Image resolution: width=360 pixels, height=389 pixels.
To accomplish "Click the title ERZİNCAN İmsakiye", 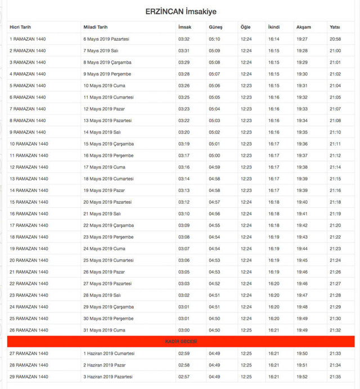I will coord(181,11).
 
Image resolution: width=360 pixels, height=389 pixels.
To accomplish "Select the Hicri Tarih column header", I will coord(20,27).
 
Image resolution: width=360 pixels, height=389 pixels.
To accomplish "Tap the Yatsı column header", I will coord(335,27).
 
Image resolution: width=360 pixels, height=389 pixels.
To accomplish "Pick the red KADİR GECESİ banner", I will coord(181,342).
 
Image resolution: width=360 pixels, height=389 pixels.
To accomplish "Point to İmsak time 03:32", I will coord(184,39).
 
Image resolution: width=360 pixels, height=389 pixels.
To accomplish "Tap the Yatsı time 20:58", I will coord(335,39).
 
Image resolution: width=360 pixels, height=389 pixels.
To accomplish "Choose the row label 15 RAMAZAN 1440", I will coord(29,202).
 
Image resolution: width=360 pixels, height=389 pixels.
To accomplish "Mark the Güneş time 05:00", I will coord(214,155).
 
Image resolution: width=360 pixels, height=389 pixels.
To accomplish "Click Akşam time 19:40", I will coord(302,202).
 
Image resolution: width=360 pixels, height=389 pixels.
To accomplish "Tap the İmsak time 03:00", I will coord(184,330).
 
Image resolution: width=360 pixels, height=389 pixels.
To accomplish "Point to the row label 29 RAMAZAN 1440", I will coord(29,377).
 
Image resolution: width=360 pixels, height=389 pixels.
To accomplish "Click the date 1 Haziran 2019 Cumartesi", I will coord(109,354).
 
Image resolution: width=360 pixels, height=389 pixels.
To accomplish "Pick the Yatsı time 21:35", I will coord(335,377).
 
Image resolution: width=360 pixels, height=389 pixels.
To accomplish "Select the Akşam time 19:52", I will coord(302,377).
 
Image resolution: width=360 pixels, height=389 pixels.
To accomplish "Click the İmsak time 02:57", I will coord(184,377).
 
